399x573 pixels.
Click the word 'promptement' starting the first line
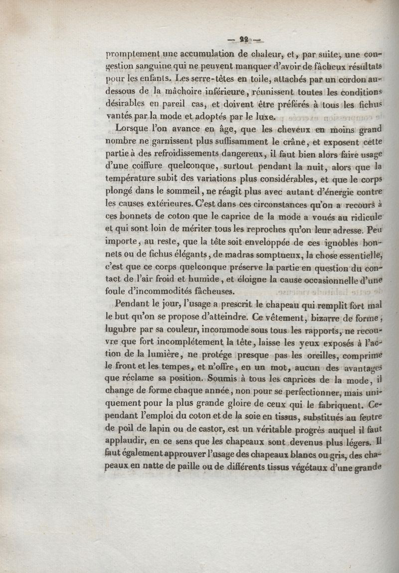click(130, 56)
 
